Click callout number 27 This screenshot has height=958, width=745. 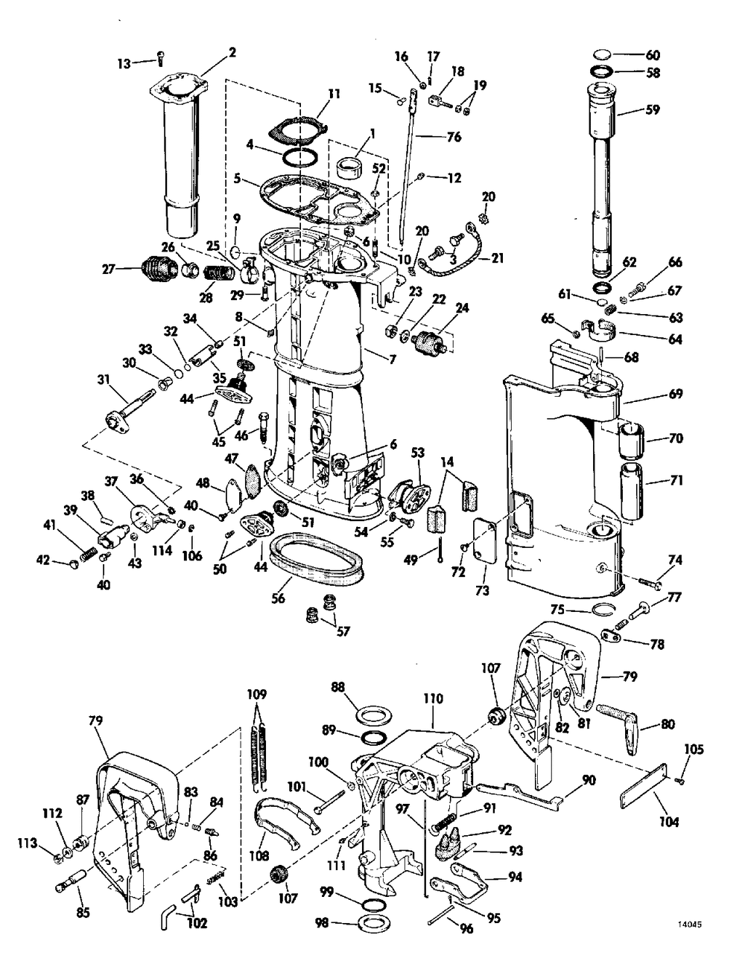pos(109,269)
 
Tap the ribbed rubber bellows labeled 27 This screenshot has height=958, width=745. pos(159,268)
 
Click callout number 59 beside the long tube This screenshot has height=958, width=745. pos(652,109)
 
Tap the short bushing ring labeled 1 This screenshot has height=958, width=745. pos(349,167)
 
